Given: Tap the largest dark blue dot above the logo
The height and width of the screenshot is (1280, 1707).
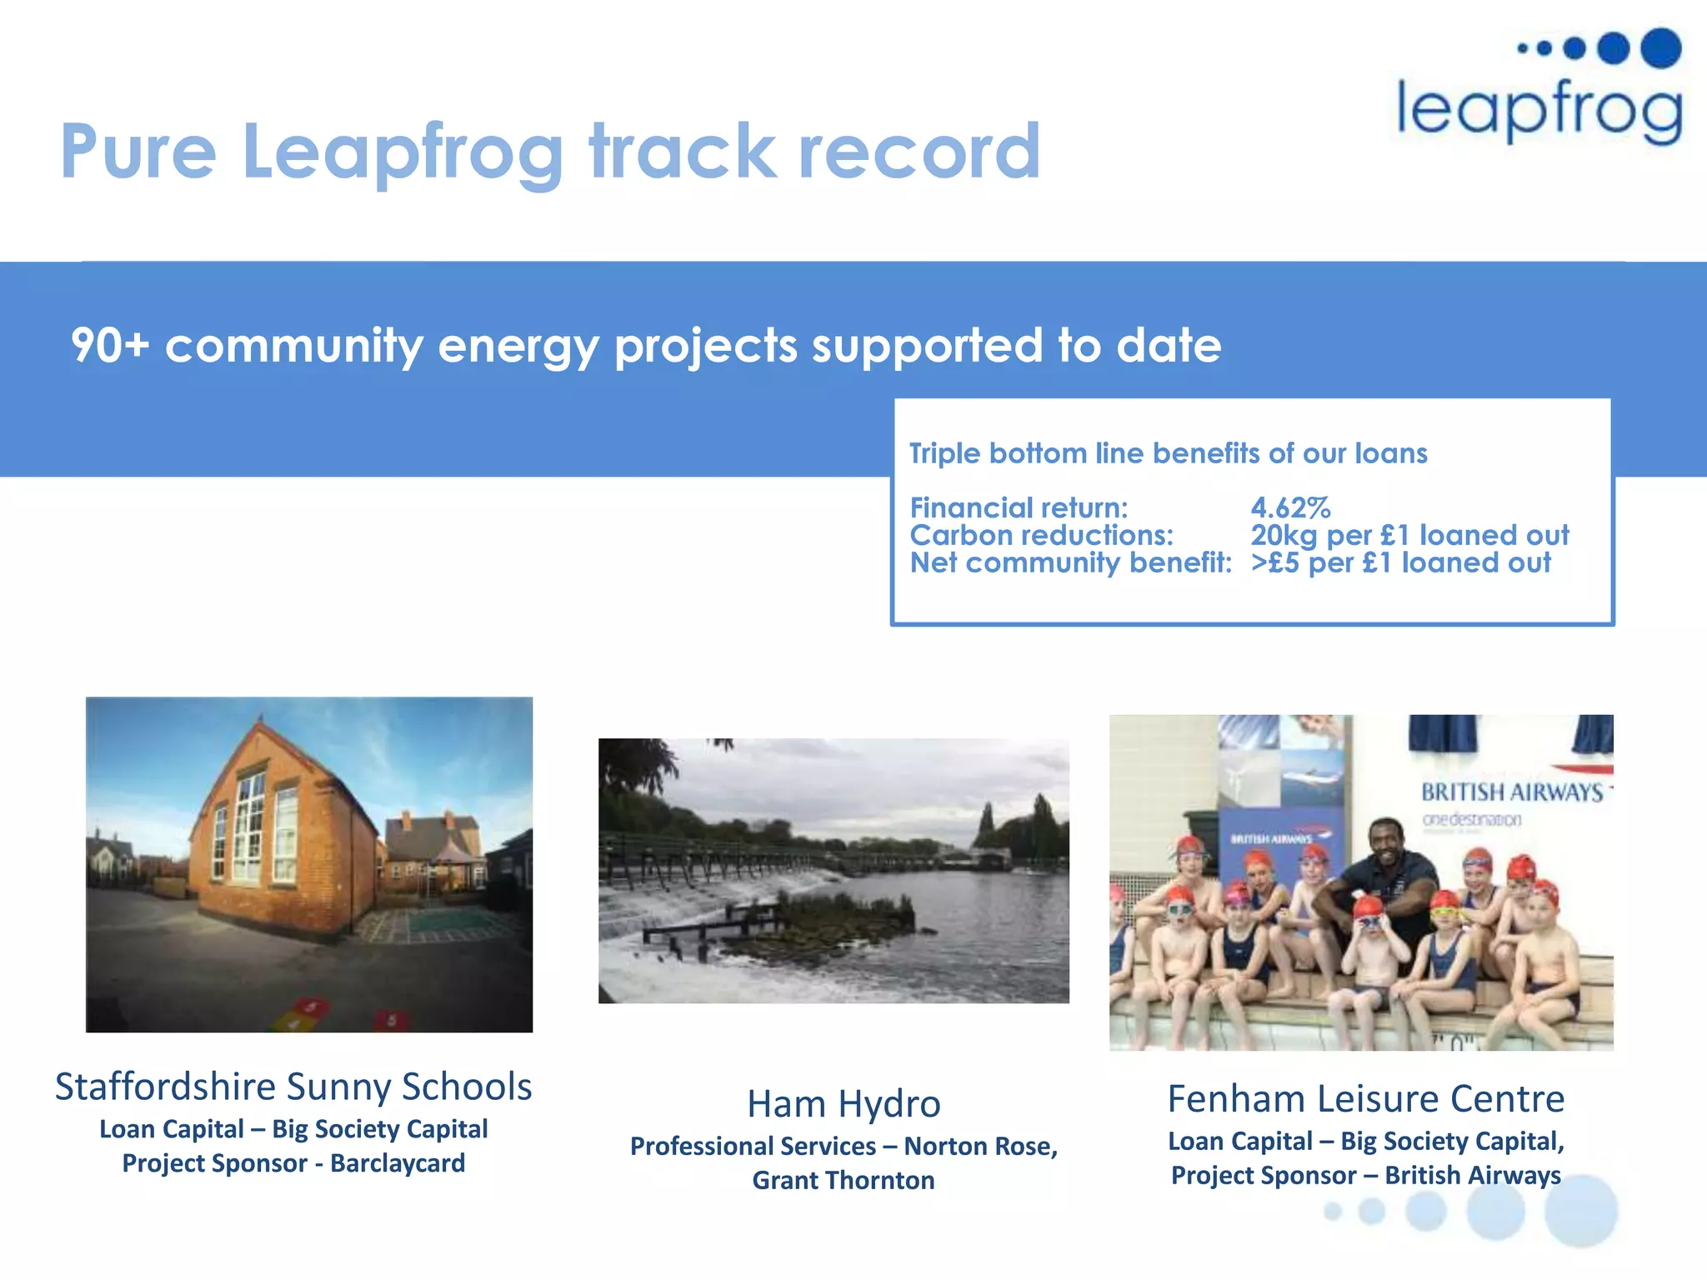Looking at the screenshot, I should pyautogui.click(x=1660, y=47).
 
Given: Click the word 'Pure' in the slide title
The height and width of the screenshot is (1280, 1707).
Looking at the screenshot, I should pyautogui.click(x=138, y=152).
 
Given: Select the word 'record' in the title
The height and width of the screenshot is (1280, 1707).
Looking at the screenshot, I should pyautogui.click(x=919, y=152).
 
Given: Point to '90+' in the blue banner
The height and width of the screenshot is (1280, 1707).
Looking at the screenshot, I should pyautogui.click(x=109, y=345).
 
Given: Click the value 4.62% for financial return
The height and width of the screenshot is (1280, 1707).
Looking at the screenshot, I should pyautogui.click(x=1290, y=507).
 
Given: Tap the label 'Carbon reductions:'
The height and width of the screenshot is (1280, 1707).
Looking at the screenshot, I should pyautogui.click(x=1041, y=535).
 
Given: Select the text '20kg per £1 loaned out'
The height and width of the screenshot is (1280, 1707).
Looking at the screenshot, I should pyautogui.click(x=1409, y=535).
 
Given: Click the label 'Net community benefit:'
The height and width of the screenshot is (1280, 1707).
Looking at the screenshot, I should pyautogui.click(x=1070, y=562).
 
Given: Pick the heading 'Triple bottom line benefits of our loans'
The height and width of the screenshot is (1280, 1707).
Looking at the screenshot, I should pyautogui.click(x=1168, y=453).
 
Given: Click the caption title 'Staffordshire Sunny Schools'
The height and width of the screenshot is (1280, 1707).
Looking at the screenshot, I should pyautogui.click(x=293, y=1087).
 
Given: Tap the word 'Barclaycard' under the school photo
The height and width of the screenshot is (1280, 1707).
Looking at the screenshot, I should pyautogui.click(x=398, y=1163).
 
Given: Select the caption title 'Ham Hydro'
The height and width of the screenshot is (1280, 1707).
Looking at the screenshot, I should pyautogui.click(x=843, y=1104).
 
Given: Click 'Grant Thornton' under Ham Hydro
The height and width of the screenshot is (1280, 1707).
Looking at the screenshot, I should pyautogui.click(x=843, y=1181).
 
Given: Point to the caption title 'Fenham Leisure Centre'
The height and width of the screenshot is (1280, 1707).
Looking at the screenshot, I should pyautogui.click(x=1365, y=1099).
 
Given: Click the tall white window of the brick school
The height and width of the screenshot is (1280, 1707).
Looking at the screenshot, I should pyautogui.click(x=248, y=826).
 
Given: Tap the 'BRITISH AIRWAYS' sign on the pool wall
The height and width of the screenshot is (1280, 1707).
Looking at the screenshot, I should pyautogui.click(x=1512, y=792).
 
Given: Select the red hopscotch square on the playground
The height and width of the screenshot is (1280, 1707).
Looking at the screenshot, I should pyautogui.click(x=390, y=1019).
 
